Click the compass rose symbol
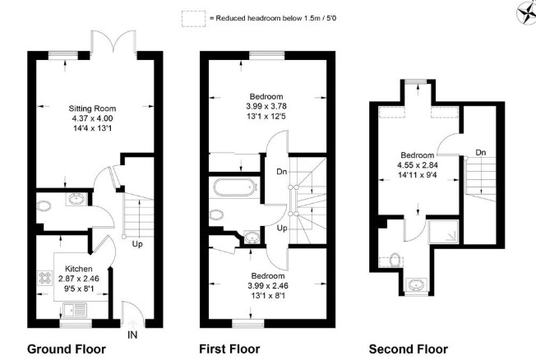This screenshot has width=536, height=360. click(526, 14)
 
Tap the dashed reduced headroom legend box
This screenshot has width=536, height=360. click(193, 18)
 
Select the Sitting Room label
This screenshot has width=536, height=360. click(92, 108)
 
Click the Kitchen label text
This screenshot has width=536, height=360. click(79, 269)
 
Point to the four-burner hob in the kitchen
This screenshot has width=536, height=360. click(44, 278)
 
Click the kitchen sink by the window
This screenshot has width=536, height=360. click(75, 311)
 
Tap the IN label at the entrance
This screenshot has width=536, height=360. click(132, 335)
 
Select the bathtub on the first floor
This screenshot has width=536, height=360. click(235, 187)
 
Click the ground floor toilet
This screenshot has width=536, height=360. click(44, 205)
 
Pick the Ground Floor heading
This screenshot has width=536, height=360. click(67, 349)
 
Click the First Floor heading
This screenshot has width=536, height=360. click(229, 349)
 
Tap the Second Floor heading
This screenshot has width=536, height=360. click(409, 349)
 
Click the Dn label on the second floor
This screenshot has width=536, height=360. click(481, 153)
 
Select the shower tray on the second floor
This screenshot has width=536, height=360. click(443, 232)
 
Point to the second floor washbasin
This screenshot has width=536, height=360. click(416, 284)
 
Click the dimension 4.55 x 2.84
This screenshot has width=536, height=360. click(418, 165)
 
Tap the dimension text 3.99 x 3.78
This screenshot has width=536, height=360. click(266, 106)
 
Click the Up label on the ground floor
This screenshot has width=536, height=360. click(137, 244)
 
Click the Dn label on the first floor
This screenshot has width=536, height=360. click(282, 172)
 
